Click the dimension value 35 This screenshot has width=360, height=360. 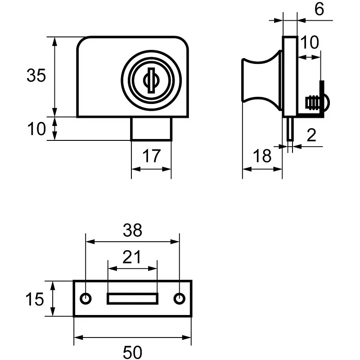coord(36,76)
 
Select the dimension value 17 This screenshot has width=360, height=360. coord(152,156)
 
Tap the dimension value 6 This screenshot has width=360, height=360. coord(319,9)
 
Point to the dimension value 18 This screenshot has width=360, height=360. coord(262,156)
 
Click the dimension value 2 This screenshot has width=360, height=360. coord(311,135)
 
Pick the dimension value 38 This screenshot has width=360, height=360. coord(132,230)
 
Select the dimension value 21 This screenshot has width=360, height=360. coord(132,257)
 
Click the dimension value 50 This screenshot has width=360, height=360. coord(132,351)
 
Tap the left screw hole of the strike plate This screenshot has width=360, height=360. coord(85,298)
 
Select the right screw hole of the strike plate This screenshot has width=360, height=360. coord(180,298)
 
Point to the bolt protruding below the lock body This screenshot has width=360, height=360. coord(151,129)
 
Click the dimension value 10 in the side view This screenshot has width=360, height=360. coord(309,42)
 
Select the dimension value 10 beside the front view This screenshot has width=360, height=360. coord(36,129)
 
